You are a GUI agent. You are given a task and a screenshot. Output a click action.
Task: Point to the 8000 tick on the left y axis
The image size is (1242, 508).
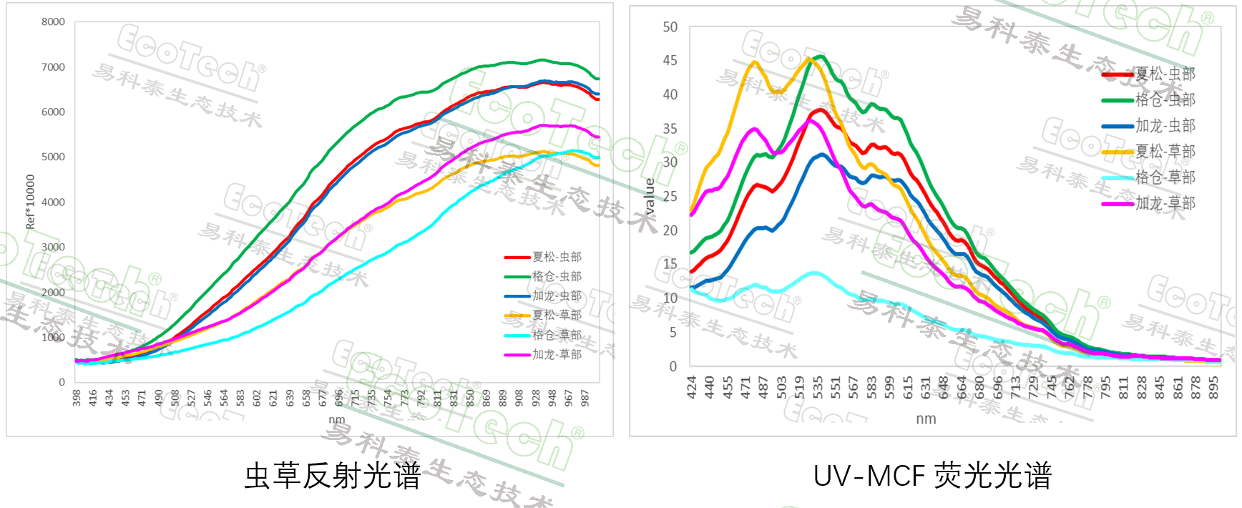tap(53, 22)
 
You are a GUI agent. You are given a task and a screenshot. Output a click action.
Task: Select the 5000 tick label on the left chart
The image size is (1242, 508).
tap(53, 157)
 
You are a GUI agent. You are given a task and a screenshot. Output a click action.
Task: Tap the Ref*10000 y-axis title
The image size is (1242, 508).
tap(30, 202)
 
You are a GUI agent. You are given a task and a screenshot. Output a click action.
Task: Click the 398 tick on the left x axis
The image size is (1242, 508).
tap(77, 398)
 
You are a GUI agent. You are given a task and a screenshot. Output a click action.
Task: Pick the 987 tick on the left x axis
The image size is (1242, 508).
tap(585, 398)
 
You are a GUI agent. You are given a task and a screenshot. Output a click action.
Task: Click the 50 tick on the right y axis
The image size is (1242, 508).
tap(670, 27)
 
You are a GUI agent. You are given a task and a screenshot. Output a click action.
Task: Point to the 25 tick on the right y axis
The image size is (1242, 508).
tap(670, 196)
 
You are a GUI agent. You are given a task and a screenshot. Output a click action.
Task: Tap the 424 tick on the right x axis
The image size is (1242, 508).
tap(692, 387)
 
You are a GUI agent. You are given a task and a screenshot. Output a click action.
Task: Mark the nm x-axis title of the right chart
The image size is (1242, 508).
tap(926, 419)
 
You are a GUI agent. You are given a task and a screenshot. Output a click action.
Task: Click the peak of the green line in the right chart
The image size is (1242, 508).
tap(821, 57)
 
